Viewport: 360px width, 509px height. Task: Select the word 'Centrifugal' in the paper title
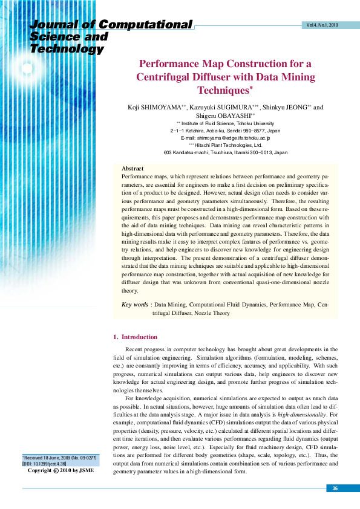tap(165, 77)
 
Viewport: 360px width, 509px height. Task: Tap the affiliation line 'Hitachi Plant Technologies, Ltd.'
tap(229, 145)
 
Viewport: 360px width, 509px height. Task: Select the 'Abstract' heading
tap(133, 168)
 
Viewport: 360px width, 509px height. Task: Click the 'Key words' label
tap(135, 305)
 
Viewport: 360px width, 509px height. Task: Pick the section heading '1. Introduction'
tap(136, 337)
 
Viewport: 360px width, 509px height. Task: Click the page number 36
tap(335, 488)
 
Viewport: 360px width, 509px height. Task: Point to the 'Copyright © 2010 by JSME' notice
tap(61, 470)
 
